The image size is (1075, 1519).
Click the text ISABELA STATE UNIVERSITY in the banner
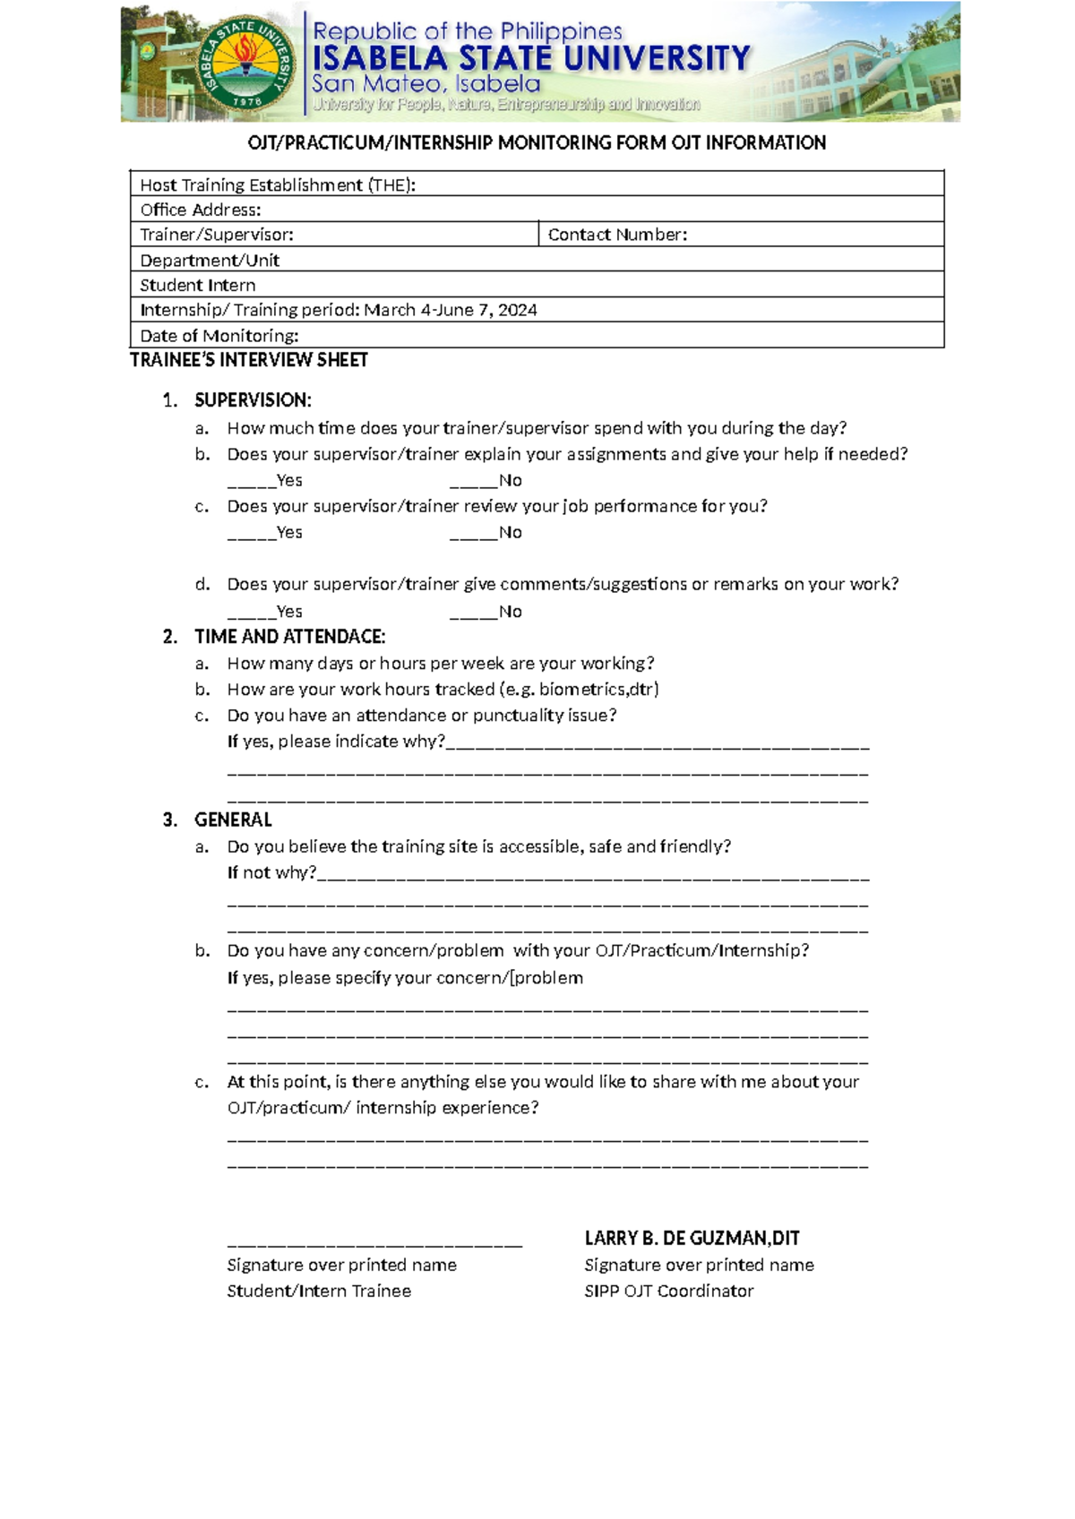530,59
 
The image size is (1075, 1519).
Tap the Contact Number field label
617,235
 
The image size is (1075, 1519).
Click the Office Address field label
201,210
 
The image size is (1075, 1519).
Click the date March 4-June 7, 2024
450,310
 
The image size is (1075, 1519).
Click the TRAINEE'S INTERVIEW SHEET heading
249,360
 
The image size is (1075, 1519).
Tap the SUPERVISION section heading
253,400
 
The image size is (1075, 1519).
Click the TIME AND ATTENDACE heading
289,637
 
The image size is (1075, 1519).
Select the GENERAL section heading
233,820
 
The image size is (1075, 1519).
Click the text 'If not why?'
271,872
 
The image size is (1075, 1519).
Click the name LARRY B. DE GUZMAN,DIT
692,1239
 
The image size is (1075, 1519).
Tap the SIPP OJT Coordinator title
668,1292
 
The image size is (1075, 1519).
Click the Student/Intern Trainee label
319,1292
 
